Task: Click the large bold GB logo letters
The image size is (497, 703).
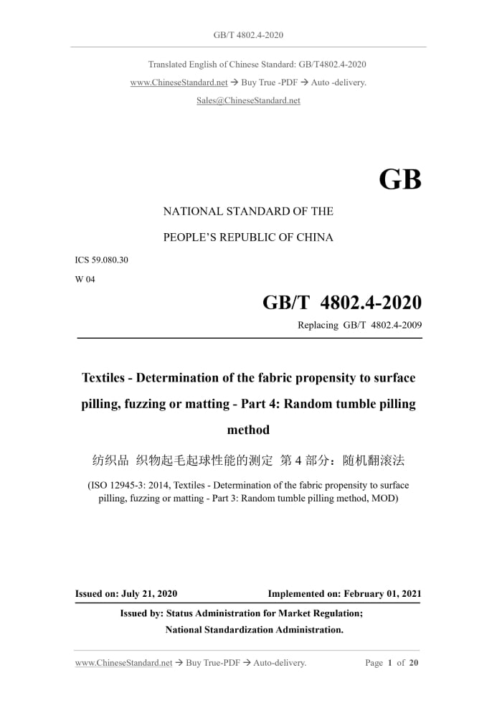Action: tap(399, 180)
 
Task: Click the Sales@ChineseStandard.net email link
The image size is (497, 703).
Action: tap(248, 100)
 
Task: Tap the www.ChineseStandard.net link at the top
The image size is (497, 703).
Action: tap(179, 82)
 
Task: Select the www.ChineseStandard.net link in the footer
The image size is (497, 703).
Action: tap(123, 663)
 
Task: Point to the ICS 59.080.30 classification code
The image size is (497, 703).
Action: tap(101, 260)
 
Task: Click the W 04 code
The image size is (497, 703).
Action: tap(85, 280)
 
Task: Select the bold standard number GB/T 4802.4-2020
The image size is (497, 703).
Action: tap(342, 302)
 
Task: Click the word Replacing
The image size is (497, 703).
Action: tap(318, 325)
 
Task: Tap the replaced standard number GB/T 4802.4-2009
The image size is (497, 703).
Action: tap(383, 325)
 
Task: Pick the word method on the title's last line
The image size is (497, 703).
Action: tap(248, 430)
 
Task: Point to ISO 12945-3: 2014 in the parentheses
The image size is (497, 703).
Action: tap(128, 486)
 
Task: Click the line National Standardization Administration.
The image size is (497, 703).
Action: tap(255, 630)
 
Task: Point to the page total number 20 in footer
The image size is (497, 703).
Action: tap(413, 663)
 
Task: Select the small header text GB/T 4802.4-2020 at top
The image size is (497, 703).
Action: tap(248, 34)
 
